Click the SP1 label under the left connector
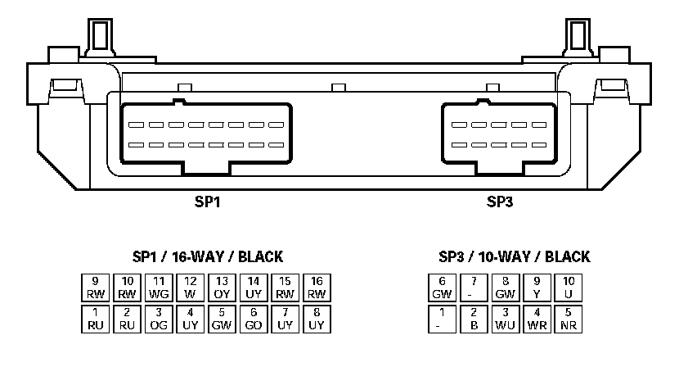(x=208, y=202)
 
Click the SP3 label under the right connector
(x=500, y=202)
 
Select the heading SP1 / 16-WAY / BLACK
(x=208, y=256)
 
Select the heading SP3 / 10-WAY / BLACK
(x=514, y=256)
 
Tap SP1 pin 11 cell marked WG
(x=159, y=287)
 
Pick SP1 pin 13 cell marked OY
(x=223, y=287)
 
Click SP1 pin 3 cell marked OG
(x=159, y=319)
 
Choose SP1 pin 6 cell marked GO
(x=254, y=319)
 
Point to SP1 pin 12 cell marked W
(x=191, y=287)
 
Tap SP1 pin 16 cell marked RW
(x=317, y=287)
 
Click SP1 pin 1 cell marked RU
(x=96, y=319)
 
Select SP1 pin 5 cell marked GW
(x=223, y=319)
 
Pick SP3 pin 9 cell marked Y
(x=537, y=287)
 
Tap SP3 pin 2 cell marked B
(x=474, y=319)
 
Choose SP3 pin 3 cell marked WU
(x=506, y=319)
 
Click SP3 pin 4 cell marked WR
(x=537, y=319)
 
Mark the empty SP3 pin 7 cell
(x=474, y=287)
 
